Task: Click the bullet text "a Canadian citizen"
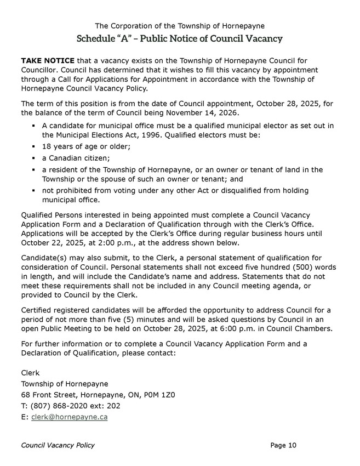[75, 158]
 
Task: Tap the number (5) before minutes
[132, 319]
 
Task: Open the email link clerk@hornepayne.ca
[69, 417]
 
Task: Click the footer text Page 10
[283, 445]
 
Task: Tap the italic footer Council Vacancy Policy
[58, 445]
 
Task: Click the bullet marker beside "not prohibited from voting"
[34, 191]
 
